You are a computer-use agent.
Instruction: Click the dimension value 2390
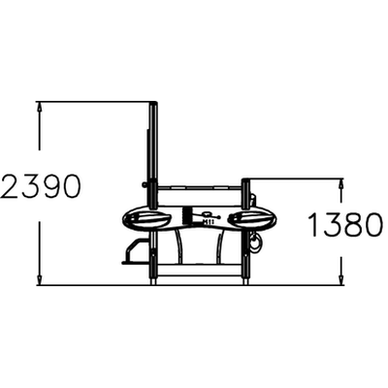pyautogui.click(x=41, y=186)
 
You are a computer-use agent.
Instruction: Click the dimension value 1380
pyautogui.click(x=346, y=224)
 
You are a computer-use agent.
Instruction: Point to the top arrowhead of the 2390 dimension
pyautogui.click(x=40, y=107)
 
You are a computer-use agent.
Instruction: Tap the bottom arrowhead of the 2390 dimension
pyautogui.click(x=40, y=280)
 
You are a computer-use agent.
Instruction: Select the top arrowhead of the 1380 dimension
pyautogui.click(x=340, y=183)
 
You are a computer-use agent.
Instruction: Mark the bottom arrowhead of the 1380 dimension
pyautogui.click(x=340, y=280)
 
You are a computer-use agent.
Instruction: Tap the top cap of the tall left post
pyautogui.click(x=153, y=103)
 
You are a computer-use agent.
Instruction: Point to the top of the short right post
pyautogui.click(x=245, y=180)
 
